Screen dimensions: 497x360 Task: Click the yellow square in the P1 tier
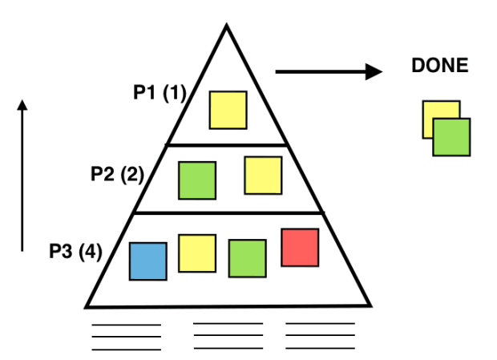click(x=228, y=110)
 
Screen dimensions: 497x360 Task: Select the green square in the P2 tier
click(x=197, y=180)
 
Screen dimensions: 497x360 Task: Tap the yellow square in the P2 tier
click(x=263, y=176)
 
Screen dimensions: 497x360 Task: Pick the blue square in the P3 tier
click(x=148, y=261)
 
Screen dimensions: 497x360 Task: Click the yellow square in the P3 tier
click(x=197, y=253)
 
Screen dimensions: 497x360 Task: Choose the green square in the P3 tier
click(x=247, y=259)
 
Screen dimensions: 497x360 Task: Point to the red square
click(x=300, y=248)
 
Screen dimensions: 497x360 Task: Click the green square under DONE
click(x=451, y=137)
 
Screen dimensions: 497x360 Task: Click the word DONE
click(x=440, y=66)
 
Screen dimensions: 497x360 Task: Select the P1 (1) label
click(x=160, y=93)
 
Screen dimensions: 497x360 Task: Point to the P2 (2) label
click(x=117, y=174)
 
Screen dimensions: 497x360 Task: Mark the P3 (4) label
click(x=76, y=251)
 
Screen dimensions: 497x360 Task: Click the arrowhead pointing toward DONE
click(x=374, y=71)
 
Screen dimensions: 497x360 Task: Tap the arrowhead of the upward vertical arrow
click(x=22, y=105)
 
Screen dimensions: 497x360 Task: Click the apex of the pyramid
click(x=226, y=24)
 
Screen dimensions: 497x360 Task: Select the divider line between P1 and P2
click(x=227, y=145)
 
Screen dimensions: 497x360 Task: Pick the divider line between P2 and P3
click(x=228, y=213)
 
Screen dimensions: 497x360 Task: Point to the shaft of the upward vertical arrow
click(x=22, y=180)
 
